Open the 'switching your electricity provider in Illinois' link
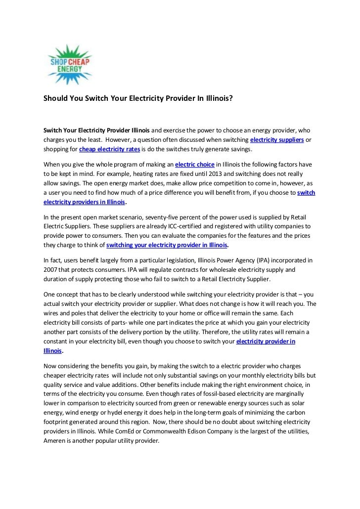[167, 245]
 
